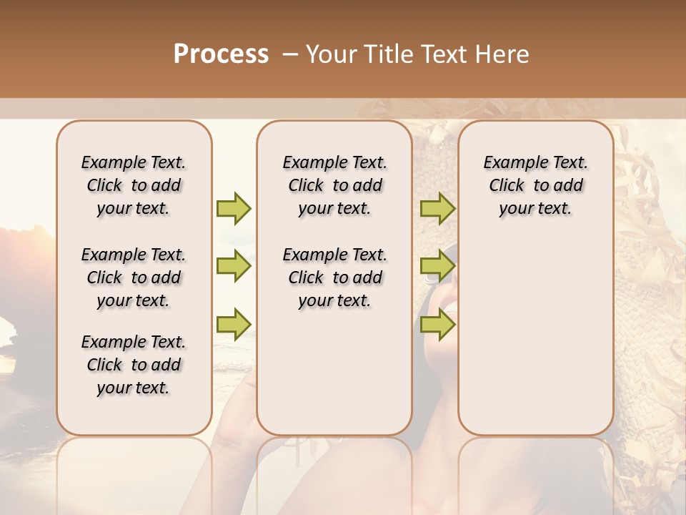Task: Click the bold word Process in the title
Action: [x=221, y=54]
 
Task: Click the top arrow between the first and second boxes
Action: [x=234, y=208]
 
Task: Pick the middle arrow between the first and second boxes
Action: [x=234, y=266]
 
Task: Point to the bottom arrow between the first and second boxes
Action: [x=234, y=324]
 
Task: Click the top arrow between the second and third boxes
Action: [x=437, y=208]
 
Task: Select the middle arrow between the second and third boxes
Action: [x=437, y=266]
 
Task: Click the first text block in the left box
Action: [x=134, y=185]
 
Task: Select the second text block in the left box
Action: [x=134, y=278]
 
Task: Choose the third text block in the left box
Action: [x=134, y=365]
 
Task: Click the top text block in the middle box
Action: [x=334, y=185]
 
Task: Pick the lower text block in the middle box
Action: [x=334, y=278]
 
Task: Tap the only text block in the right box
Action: [x=535, y=185]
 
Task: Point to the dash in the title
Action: [x=290, y=54]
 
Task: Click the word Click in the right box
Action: [x=507, y=186]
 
